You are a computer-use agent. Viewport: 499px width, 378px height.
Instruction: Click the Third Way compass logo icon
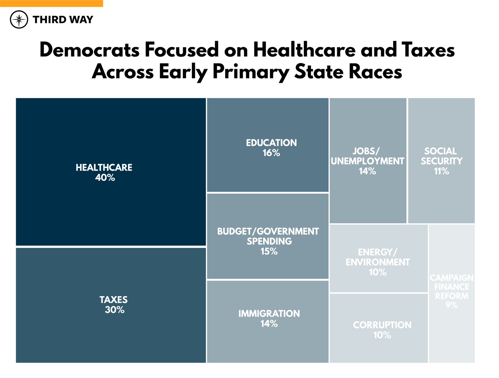coord(19,20)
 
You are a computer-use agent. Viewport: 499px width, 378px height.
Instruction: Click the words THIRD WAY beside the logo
coord(63,20)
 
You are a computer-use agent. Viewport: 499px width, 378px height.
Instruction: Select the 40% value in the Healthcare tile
coord(105,178)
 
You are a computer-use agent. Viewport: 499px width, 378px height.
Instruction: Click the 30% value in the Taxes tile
coord(114,310)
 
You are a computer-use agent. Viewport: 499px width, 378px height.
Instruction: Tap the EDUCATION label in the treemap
coord(271,143)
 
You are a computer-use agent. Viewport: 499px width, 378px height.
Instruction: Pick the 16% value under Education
coord(271,153)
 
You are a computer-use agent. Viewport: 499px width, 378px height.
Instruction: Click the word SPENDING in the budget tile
coord(269,241)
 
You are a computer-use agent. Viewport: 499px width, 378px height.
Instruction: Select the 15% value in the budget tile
coord(269,252)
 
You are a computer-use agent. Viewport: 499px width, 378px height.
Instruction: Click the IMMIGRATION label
coord(269,314)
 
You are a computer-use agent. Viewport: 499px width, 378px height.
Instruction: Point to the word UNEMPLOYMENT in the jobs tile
coord(367,161)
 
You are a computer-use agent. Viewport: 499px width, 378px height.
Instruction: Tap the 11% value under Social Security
coord(441,171)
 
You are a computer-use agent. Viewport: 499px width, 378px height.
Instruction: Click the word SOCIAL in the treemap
coord(440,151)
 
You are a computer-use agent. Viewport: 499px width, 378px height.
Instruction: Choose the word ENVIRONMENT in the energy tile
coord(377,262)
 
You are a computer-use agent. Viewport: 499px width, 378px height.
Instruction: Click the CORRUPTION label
coord(382,325)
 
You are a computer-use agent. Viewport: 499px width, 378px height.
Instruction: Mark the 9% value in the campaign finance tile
coord(451,305)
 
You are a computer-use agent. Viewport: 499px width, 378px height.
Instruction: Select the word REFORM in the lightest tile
coord(451,296)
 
